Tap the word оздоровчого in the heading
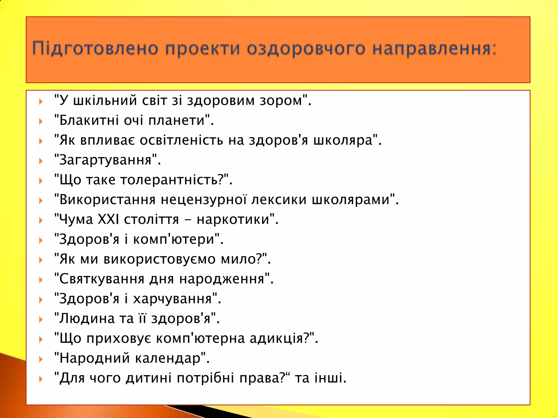(306, 48)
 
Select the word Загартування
(105, 160)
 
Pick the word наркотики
(233, 219)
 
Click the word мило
(238, 259)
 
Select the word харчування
(172, 299)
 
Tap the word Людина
(87, 318)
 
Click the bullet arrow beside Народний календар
(41, 359)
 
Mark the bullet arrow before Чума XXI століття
(41, 220)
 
